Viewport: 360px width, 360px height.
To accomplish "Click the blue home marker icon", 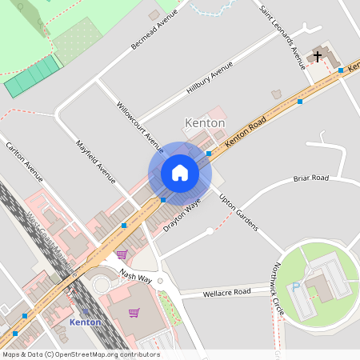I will [180, 173].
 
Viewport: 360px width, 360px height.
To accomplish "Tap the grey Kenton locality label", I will [206, 123].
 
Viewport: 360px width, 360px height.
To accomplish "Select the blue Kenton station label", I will [86, 322].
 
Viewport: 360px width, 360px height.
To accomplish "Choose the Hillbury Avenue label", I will [210, 78].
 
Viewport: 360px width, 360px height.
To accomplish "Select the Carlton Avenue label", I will [24, 159].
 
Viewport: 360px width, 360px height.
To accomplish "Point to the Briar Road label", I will [311, 178].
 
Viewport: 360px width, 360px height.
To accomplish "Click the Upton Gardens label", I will [238, 212].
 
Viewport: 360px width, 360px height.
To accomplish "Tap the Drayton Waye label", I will [182, 216].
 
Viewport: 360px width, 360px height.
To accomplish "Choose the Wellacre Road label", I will [226, 292].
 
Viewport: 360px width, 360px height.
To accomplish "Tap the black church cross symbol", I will [318, 56].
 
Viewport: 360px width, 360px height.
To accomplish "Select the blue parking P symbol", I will [297, 286].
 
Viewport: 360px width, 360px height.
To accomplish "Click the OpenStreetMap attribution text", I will [80, 354].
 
